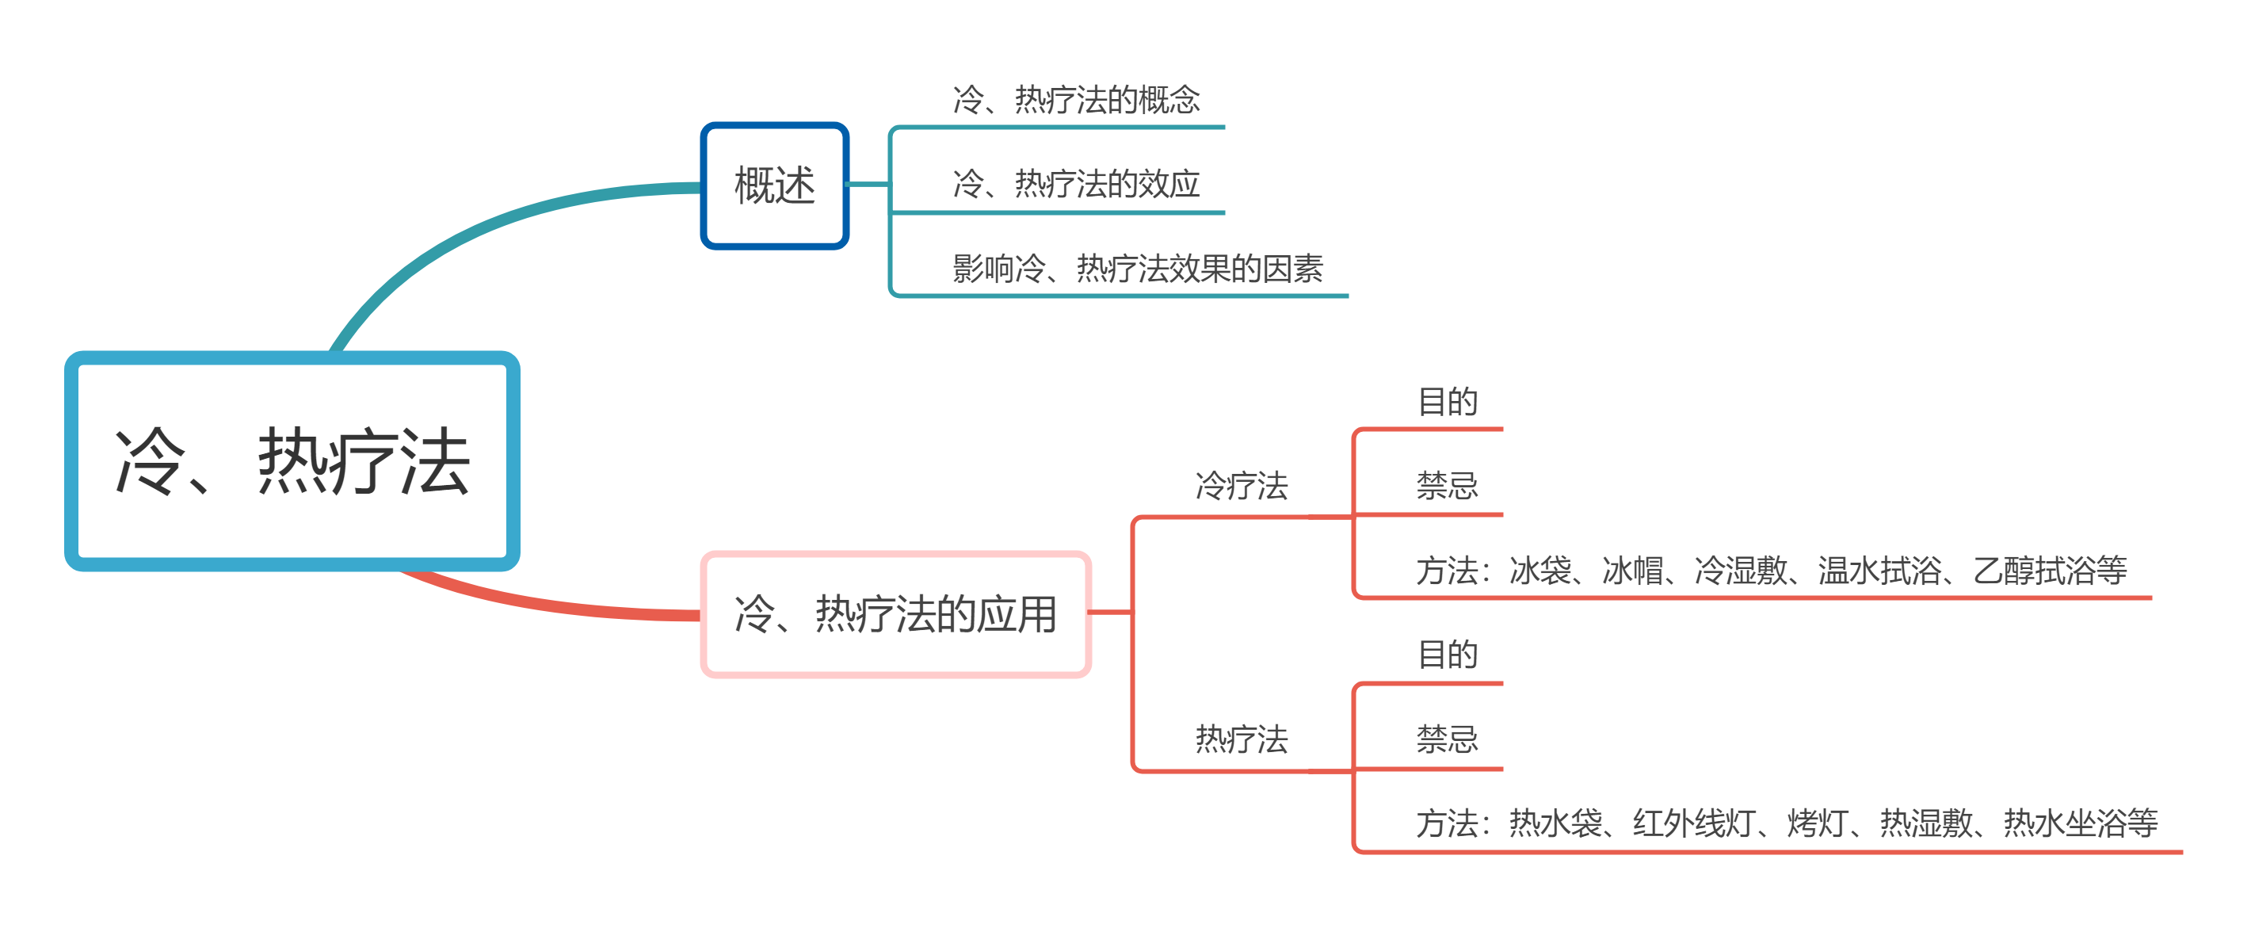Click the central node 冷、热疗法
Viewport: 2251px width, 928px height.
292,461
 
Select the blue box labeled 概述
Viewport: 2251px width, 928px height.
774,185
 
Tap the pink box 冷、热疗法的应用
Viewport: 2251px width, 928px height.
895,613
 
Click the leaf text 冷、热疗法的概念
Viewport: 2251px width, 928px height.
1076,100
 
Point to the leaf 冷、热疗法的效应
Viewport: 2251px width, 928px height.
1076,184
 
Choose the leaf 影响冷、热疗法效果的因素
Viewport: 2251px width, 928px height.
1137,269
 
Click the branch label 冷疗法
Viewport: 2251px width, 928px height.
1241,486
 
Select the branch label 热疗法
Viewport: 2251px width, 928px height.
1241,739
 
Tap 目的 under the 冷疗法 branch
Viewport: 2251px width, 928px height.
1447,402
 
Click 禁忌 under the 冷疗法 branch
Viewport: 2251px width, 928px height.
1447,486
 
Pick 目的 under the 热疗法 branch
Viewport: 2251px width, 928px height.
1447,655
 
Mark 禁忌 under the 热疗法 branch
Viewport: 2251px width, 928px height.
1447,739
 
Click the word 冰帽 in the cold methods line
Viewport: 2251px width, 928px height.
1632,571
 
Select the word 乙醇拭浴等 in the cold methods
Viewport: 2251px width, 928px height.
2049,571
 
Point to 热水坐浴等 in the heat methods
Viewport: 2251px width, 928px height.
2080,823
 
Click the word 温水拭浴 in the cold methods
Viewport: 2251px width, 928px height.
1879,571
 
